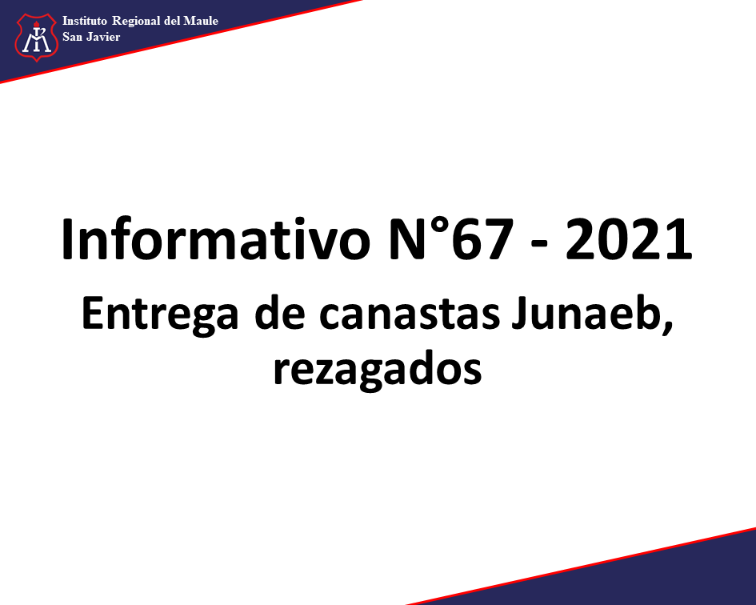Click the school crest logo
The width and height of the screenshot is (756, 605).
point(37,38)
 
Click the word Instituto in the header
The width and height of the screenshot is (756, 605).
point(84,21)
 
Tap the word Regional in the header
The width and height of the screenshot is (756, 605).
point(136,22)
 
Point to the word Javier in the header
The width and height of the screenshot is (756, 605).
point(103,37)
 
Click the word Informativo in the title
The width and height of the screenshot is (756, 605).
point(215,239)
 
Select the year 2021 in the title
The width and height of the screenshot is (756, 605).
point(629,240)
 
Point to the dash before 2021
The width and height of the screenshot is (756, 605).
point(539,244)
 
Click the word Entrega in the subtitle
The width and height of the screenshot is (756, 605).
point(160,315)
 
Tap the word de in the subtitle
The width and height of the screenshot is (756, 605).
point(280,313)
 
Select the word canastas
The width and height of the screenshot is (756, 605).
point(410,316)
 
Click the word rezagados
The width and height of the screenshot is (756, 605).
point(378,370)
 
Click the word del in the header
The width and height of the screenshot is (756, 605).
point(172,21)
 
